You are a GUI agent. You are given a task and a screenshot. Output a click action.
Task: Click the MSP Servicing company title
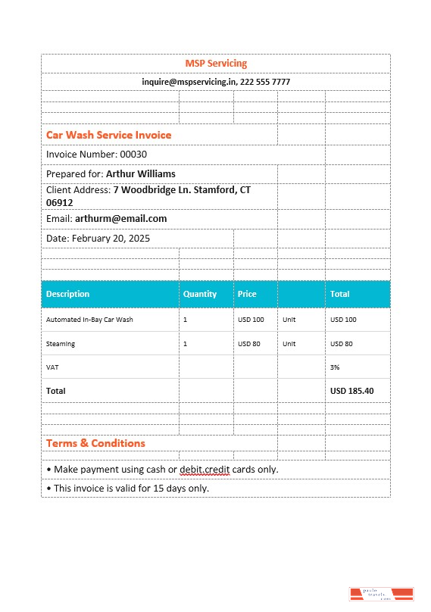click(x=216, y=64)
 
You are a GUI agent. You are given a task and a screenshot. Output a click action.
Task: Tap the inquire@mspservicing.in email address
click(x=189, y=82)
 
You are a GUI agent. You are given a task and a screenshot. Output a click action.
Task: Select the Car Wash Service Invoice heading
click(x=108, y=135)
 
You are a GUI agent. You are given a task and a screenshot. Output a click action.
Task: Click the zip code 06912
click(x=60, y=203)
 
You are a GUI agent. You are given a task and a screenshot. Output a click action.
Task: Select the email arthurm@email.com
click(x=120, y=219)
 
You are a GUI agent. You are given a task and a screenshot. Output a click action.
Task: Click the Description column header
click(x=67, y=294)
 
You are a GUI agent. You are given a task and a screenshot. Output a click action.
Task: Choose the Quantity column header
click(x=200, y=294)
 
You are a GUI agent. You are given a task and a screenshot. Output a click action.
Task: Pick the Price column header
click(x=247, y=294)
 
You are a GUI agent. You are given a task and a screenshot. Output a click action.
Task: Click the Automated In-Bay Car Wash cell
click(x=89, y=320)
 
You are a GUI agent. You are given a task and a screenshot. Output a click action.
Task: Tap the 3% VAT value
click(x=335, y=367)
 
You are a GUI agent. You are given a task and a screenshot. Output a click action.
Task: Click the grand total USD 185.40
click(x=351, y=391)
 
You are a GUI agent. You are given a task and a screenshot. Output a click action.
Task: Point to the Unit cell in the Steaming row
click(x=289, y=344)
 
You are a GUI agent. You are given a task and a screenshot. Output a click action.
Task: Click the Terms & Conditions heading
click(x=95, y=443)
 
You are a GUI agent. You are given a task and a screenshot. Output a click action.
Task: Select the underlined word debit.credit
click(x=205, y=470)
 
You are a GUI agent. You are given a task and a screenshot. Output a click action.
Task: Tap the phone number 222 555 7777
click(x=265, y=82)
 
